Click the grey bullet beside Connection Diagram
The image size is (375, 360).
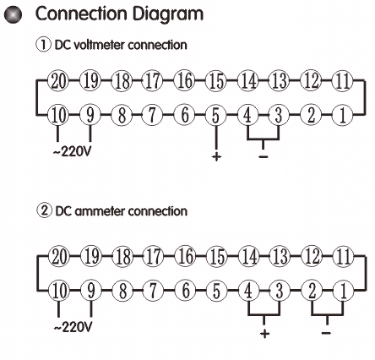14,15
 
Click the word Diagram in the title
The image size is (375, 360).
168,14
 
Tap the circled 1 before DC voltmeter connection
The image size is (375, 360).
44,45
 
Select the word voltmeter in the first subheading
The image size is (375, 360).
99,45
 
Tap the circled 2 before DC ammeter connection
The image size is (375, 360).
44,211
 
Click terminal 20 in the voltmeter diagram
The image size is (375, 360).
58,81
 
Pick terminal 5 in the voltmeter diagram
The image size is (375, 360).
215,115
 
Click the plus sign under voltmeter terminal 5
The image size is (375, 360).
216,156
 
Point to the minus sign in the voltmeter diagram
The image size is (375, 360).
264,156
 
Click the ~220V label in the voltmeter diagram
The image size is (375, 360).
73,152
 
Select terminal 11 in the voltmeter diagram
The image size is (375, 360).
342,81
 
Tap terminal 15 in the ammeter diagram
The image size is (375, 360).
217,257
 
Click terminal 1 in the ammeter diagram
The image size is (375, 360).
343,291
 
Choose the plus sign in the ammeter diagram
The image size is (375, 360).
264,334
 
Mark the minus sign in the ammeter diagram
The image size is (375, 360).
326,333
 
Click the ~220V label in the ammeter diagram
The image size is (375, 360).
73,327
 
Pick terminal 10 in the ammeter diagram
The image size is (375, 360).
59,291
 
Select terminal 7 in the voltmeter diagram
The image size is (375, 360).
152,115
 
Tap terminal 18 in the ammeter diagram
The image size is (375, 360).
122,257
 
